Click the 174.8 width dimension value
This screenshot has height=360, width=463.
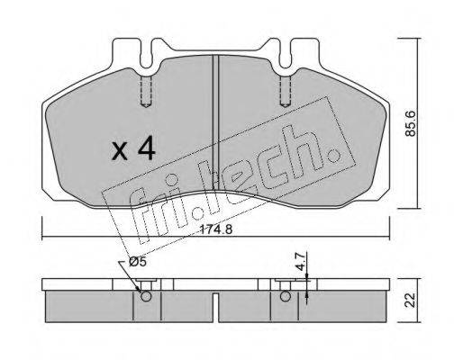[x=216, y=230]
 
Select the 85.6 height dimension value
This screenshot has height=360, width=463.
[x=410, y=123]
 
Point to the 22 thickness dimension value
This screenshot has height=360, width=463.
[x=410, y=300]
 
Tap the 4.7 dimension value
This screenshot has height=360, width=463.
[x=301, y=262]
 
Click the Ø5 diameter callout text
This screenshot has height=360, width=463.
[x=137, y=262]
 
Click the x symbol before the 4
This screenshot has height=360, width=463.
[x=120, y=151]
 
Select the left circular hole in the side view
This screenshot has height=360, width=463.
[x=146, y=296]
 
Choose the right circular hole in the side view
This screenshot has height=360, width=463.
[x=286, y=296]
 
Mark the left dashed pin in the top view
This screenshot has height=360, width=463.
[x=146, y=91]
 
